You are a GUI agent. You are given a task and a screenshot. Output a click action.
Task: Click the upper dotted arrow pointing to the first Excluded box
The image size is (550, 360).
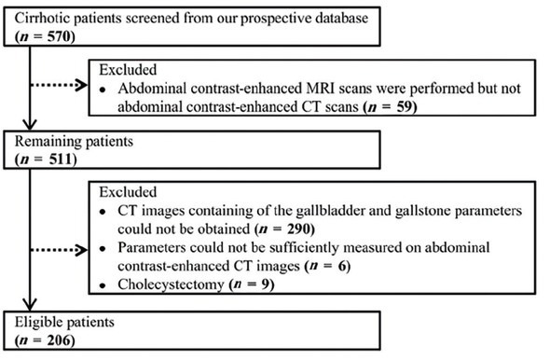point(67,90)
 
